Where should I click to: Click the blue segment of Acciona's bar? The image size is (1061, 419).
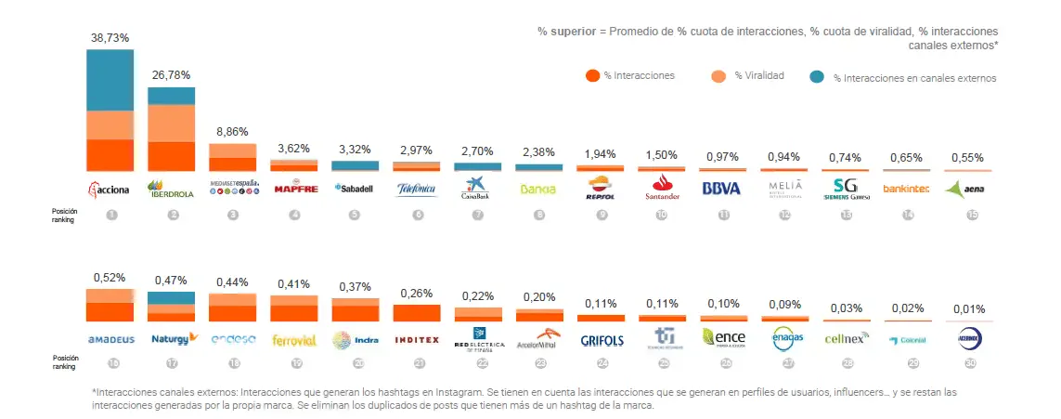coord(110,80)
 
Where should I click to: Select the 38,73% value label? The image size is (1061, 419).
coord(110,37)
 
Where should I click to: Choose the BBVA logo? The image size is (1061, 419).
coord(722,189)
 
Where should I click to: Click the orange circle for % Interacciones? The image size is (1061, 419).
coord(591,76)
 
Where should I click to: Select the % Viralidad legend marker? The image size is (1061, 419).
coord(718,76)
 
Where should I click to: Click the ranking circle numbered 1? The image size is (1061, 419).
coord(111,215)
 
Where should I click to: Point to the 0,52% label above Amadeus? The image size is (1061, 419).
coord(110,277)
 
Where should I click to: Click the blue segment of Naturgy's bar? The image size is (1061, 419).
coord(171,297)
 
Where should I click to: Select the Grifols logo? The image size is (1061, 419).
coord(602,340)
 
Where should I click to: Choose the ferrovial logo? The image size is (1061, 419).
coord(293,340)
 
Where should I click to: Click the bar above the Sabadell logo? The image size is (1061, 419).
coord(355,165)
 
